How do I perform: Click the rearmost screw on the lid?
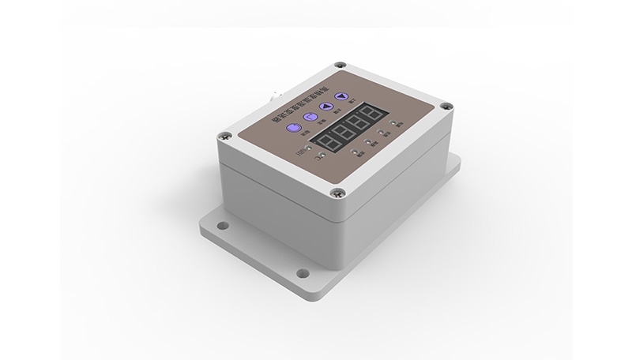pos(340,66)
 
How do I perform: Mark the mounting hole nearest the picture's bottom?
pos(303,274)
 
